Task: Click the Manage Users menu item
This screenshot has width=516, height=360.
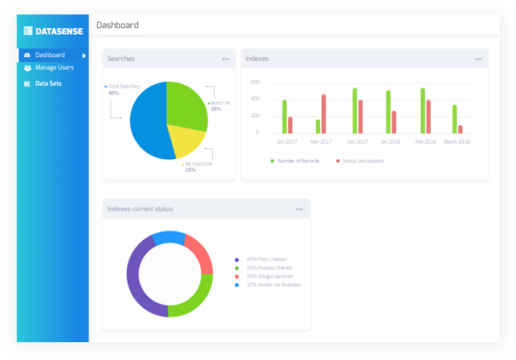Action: pyautogui.click(x=54, y=67)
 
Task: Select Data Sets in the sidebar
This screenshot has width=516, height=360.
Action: pyautogui.click(x=48, y=83)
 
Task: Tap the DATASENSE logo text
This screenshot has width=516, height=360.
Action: pyautogui.click(x=58, y=31)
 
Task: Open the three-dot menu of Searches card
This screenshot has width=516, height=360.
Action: pyautogui.click(x=226, y=59)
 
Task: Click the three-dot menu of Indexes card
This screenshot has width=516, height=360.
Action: pyautogui.click(x=479, y=59)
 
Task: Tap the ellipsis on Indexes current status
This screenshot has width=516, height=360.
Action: pyautogui.click(x=299, y=209)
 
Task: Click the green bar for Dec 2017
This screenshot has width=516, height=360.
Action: pyautogui.click(x=354, y=111)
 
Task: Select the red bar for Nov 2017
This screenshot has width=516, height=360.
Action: pyautogui.click(x=324, y=114)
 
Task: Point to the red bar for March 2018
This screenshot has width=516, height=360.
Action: pyautogui.click(x=461, y=129)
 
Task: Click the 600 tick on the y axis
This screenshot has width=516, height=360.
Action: pyautogui.click(x=255, y=82)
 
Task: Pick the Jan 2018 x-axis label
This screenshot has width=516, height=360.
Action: pyautogui.click(x=390, y=142)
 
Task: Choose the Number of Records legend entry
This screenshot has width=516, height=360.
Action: pyautogui.click(x=297, y=161)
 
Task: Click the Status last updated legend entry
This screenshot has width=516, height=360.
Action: pyautogui.click(x=362, y=161)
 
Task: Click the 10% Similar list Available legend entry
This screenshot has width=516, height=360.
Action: pyautogui.click(x=272, y=284)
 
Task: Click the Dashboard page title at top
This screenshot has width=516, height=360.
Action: pyautogui.click(x=118, y=25)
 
